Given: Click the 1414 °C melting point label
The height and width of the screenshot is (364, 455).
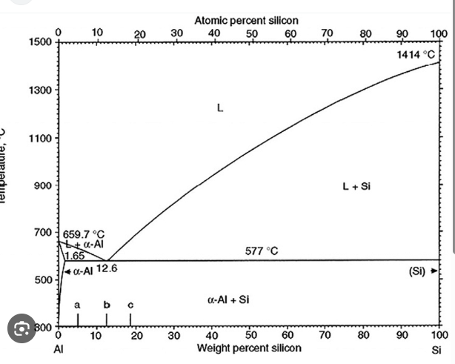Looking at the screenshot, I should (x=416, y=56).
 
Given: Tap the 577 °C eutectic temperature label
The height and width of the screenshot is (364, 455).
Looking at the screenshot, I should (x=262, y=251).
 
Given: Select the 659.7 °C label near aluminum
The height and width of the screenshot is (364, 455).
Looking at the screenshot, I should (x=84, y=234).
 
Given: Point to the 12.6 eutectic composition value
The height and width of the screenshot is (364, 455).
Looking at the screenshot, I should (x=107, y=268).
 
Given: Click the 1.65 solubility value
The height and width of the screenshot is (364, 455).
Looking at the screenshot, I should (x=74, y=256).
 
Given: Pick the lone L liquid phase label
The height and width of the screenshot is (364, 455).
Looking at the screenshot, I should (x=219, y=108).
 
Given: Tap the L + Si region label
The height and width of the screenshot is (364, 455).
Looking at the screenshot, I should (x=356, y=186).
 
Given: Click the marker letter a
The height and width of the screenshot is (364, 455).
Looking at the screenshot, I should (x=77, y=305).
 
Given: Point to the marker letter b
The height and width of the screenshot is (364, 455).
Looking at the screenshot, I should (x=106, y=305).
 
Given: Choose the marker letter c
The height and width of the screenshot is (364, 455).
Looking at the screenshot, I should (x=130, y=305).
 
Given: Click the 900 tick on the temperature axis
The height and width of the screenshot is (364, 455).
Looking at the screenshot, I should (x=43, y=185).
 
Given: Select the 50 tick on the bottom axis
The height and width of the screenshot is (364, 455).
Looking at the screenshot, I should (x=251, y=336).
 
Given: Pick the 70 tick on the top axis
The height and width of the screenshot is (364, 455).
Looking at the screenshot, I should (x=327, y=33).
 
